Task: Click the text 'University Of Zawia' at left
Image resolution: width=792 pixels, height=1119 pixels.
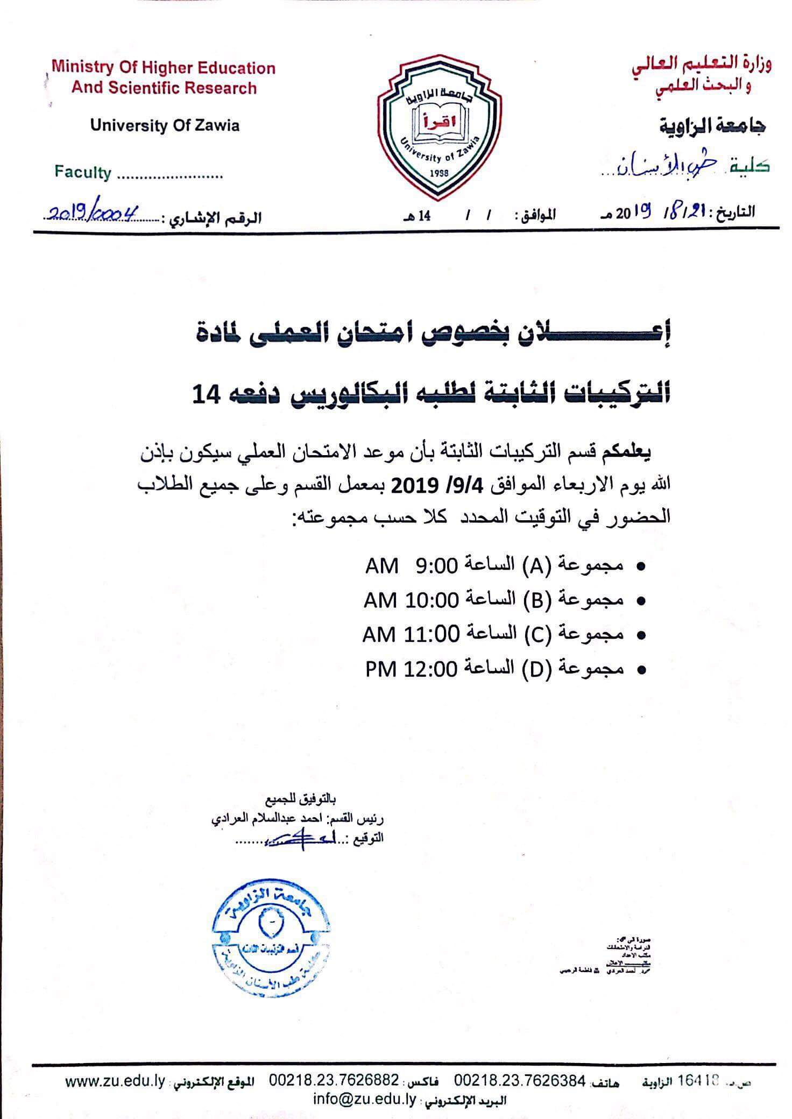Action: click(x=165, y=126)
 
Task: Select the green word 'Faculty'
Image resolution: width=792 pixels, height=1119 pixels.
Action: click(x=82, y=173)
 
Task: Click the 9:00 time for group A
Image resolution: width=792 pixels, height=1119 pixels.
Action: click(x=436, y=565)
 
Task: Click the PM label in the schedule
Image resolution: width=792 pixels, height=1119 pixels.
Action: click(x=381, y=669)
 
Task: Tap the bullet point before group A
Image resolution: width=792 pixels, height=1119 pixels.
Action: click(x=640, y=566)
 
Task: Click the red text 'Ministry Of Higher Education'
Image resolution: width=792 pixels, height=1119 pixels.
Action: click(x=164, y=68)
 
